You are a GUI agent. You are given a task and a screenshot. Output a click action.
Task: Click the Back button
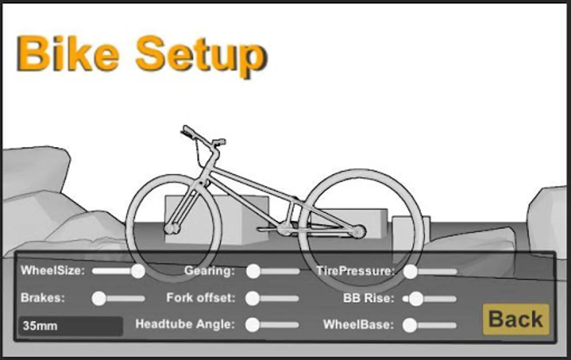tap(515, 319)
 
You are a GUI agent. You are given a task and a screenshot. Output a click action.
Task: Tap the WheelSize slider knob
tap(138, 271)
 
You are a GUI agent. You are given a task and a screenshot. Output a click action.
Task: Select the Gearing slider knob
tap(253, 271)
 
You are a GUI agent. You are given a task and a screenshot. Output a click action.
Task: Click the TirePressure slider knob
tap(410, 272)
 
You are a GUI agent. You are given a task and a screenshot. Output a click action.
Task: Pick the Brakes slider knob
tap(99, 298)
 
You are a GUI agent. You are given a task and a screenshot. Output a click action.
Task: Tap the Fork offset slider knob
tap(252, 298)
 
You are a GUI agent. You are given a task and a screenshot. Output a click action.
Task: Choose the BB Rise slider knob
tap(416, 299)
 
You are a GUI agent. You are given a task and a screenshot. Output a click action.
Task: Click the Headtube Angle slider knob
tap(252, 325)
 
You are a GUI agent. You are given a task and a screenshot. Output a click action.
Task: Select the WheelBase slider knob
tap(410, 325)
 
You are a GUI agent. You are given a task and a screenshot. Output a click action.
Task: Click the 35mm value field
tap(71, 326)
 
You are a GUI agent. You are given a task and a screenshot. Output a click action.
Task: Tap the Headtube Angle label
tap(185, 324)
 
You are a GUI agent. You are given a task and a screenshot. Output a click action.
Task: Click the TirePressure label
tap(355, 271)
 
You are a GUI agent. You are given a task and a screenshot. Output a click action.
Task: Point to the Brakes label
tap(42, 298)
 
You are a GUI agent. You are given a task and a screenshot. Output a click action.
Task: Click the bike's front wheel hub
tap(172, 228)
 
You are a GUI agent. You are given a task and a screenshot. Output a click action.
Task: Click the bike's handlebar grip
tap(187, 131)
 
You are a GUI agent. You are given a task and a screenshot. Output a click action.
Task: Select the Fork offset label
tap(200, 298)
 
